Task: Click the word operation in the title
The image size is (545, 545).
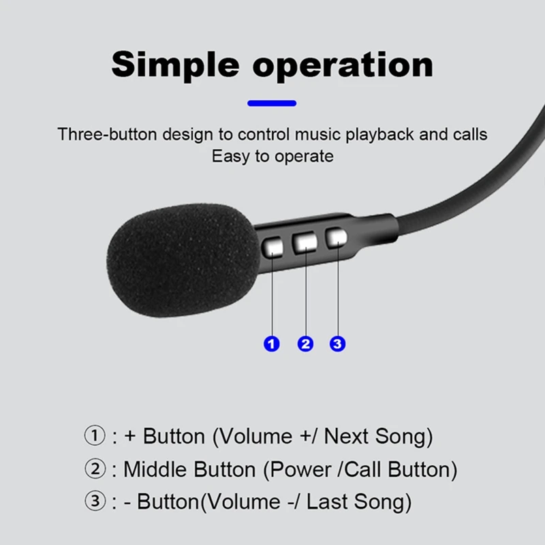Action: [344, 66]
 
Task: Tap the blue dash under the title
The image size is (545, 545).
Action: [272, 104]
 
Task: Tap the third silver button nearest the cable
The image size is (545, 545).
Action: [336, 238]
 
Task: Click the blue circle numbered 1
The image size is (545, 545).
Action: [272, 343]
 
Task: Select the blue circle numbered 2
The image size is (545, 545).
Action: [305, 343]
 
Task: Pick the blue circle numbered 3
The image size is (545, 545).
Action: [337, 343]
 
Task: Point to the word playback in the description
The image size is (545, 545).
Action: [379, 134]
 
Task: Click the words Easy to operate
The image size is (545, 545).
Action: [272, 156]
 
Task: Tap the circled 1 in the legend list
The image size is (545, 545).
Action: [95, 436]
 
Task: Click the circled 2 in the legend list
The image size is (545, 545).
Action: [95, 469]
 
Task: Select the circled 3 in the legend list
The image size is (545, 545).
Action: [95, 502]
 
